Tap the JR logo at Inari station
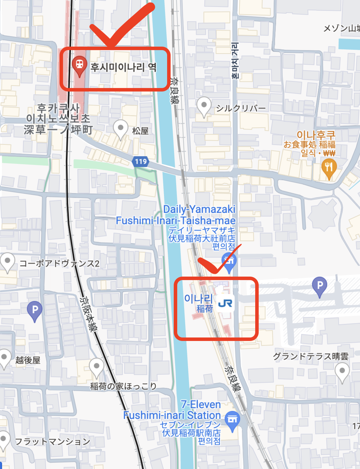pyautogui.click(x=225, y=304)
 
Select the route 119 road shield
pyautogui.click(x=141, y=161)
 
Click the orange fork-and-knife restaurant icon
pyautogui.click(x=329, y=168)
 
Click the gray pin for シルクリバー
pyautogui.click(x=204, y=105)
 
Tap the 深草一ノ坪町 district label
pyautogui.click(x=58, y=130)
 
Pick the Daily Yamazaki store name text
pyautogui.click(x=199, y=209)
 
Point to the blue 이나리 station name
pyautogui.click(x=198, y=298)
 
